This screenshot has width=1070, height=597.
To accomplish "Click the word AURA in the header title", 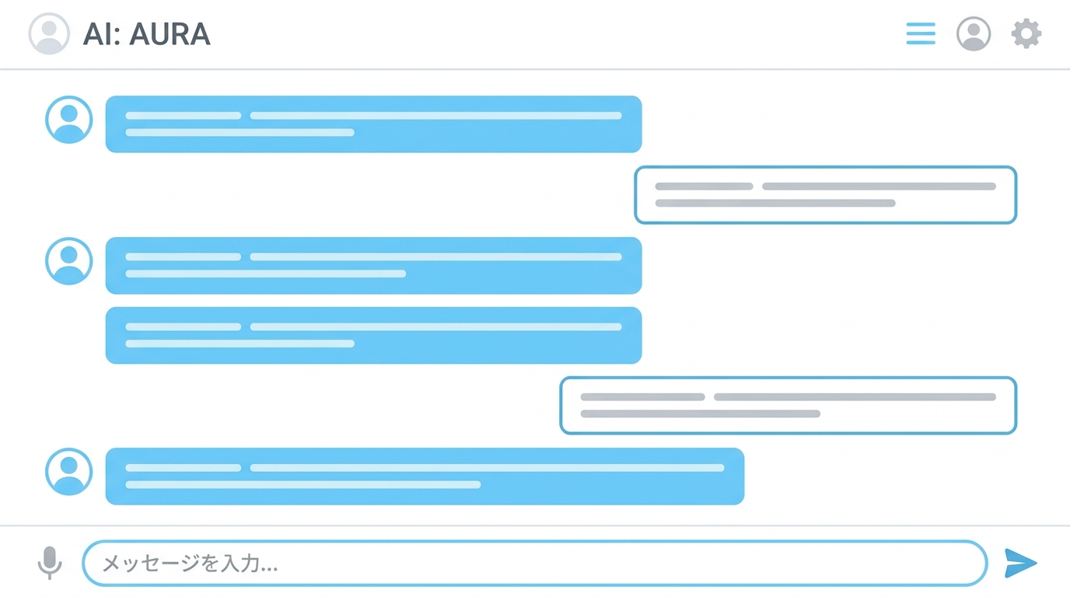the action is (170, 34).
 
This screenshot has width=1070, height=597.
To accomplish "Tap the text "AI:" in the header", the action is (101, 34).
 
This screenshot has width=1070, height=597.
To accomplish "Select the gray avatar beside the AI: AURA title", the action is (49, 33).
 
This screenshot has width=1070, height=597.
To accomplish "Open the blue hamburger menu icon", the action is (921, 33).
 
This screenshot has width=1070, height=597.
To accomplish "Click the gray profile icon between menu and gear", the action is (973, 33).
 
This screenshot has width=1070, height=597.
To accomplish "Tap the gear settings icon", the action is (1026, 33).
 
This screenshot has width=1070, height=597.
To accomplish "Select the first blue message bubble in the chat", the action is (373, 124).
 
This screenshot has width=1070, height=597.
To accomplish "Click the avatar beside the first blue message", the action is (68, 120).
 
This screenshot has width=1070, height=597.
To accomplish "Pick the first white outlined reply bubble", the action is (825, 195).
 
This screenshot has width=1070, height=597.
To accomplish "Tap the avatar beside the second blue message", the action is (68, 260).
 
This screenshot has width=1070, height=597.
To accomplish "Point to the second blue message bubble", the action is (373, 266).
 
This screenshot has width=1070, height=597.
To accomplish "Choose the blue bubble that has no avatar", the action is (373, 335).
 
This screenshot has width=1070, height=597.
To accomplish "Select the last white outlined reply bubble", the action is (789, 406).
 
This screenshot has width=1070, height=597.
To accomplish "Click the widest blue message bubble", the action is (425, 477).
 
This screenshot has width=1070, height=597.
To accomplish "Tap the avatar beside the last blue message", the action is (68, 471).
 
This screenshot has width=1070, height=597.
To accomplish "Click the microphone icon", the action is (50, 563).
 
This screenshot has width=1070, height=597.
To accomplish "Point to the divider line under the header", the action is (535, 69).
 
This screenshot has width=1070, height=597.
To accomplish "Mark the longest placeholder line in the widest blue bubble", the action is (488, 467).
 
